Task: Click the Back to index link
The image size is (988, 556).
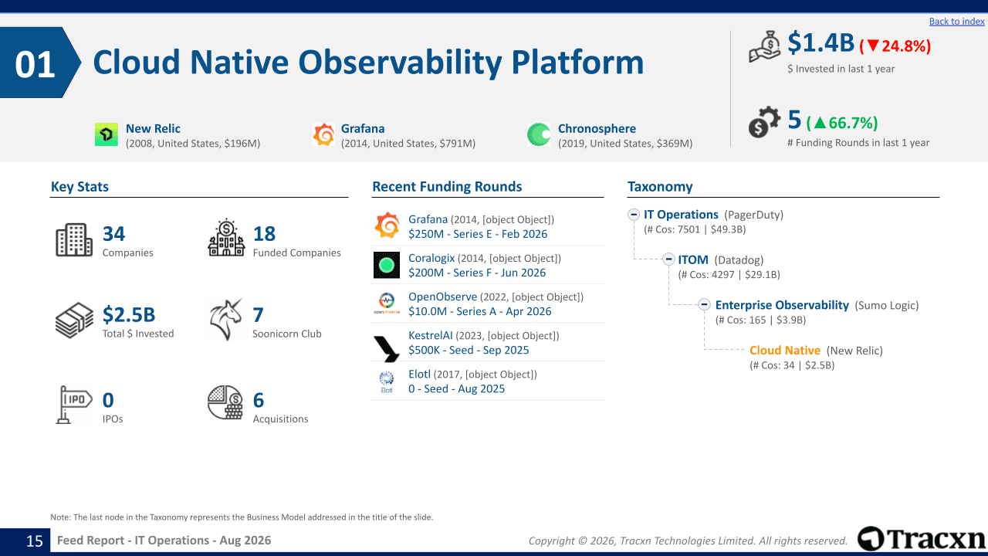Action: tap(956, 21)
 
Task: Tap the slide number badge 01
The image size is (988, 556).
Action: tap(36, 63)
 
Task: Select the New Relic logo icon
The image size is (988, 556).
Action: tap(107, 134)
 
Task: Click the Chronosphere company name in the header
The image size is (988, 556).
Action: tap(597, 128)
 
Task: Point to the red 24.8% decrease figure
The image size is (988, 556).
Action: tap(895, 46)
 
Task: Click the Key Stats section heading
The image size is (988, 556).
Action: tap(80, 187)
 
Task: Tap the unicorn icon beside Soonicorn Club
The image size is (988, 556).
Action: tap(225, 320)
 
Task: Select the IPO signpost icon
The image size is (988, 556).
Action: tap(73, 405)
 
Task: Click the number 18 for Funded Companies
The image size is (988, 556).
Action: tap(264, 234)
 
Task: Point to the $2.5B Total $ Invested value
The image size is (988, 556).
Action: tap(129, 314)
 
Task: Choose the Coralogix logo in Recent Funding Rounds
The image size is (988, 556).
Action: tap(387, 265)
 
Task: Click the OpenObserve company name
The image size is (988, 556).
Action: tap(442, 297)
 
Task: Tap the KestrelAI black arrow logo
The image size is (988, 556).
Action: tap(387, 348)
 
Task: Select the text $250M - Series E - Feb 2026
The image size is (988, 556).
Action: tap(478, 234)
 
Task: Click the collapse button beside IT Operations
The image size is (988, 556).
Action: tap(634, 215)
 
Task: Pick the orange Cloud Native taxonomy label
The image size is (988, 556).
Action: tap(785, 351)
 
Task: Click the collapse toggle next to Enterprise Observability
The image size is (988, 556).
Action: tap(704, 304)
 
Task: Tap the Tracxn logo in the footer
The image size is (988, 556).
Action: tap(921, 538)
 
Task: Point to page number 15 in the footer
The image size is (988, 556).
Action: tap(35, 541)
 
